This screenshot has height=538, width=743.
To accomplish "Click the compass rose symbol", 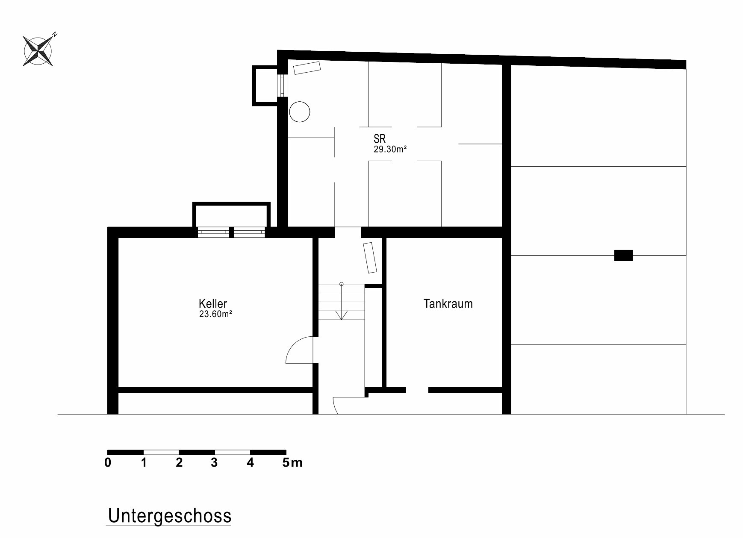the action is (38, 50).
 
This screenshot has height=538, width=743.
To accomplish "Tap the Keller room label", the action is (213, 303).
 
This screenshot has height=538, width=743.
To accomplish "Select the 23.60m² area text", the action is (215, 314).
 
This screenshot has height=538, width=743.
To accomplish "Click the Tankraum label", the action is (448, 303).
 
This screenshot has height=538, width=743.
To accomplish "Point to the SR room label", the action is (380, 138).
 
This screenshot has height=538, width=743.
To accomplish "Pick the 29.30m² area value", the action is (390, 149).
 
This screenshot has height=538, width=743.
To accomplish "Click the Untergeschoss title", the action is (170, 516).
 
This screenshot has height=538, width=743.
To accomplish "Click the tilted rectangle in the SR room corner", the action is (307, 68).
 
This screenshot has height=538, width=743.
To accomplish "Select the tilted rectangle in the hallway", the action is (370, 258).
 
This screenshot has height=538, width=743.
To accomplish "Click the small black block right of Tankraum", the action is (623, 255).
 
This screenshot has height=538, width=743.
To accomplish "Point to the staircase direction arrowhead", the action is (341, 315).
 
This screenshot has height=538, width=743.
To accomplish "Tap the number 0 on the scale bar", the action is (108, 462).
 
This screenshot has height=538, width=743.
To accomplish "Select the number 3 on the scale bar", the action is (214, 462).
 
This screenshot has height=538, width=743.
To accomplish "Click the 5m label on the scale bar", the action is (292, 462).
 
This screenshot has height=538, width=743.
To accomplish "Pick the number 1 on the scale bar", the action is (144, 462).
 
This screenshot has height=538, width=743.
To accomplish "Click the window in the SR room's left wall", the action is (283, 85).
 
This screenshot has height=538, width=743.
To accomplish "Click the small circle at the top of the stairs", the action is (341, 284).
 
